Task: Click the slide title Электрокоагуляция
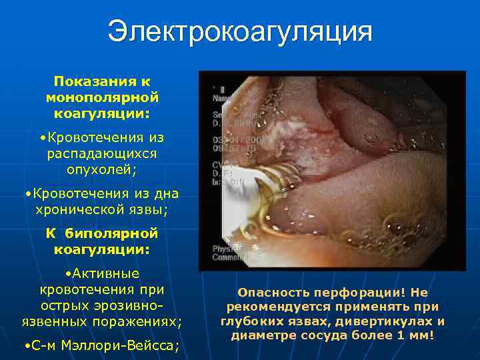(x=239, y=32)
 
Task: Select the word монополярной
(x=102, y=97)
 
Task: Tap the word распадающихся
(x=102, y=153)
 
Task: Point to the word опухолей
(x=100, y=169)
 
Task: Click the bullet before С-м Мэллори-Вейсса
(x=25, y=346)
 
